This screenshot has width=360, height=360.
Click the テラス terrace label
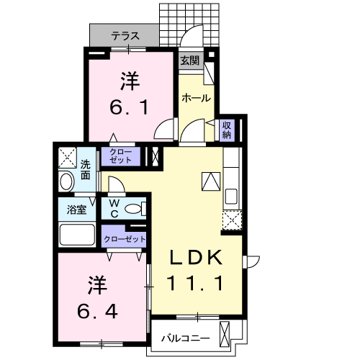(125, 35)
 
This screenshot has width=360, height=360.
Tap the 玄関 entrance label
(189, 60)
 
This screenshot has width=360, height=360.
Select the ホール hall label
(195, 98)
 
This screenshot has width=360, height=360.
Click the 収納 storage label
(227, 130)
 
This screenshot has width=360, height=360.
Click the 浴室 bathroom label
(77, 210)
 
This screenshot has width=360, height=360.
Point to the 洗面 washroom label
(86, 169)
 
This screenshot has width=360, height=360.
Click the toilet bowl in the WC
(132, 210)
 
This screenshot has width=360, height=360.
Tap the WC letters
(114, 209)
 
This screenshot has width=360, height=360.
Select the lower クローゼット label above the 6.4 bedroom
(125, 239)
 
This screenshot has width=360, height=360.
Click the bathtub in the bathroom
(77, 235)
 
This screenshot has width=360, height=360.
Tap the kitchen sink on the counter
(232, 197)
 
